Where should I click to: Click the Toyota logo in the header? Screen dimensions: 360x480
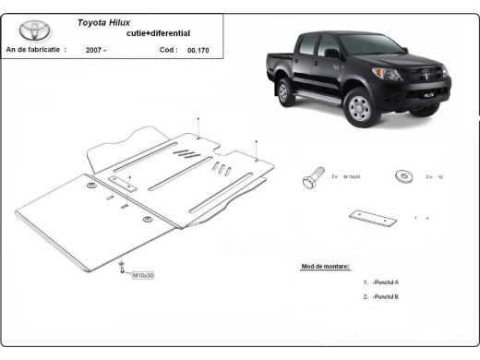click(x=33, y=30)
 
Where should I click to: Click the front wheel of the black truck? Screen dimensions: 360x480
click(x=360, y=108)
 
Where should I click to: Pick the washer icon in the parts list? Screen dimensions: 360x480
click(x=403, y=175)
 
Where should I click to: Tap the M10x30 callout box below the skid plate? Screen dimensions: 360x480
click(x=143, y=275)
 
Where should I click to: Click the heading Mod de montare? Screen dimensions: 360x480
click(x=325, y=266)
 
